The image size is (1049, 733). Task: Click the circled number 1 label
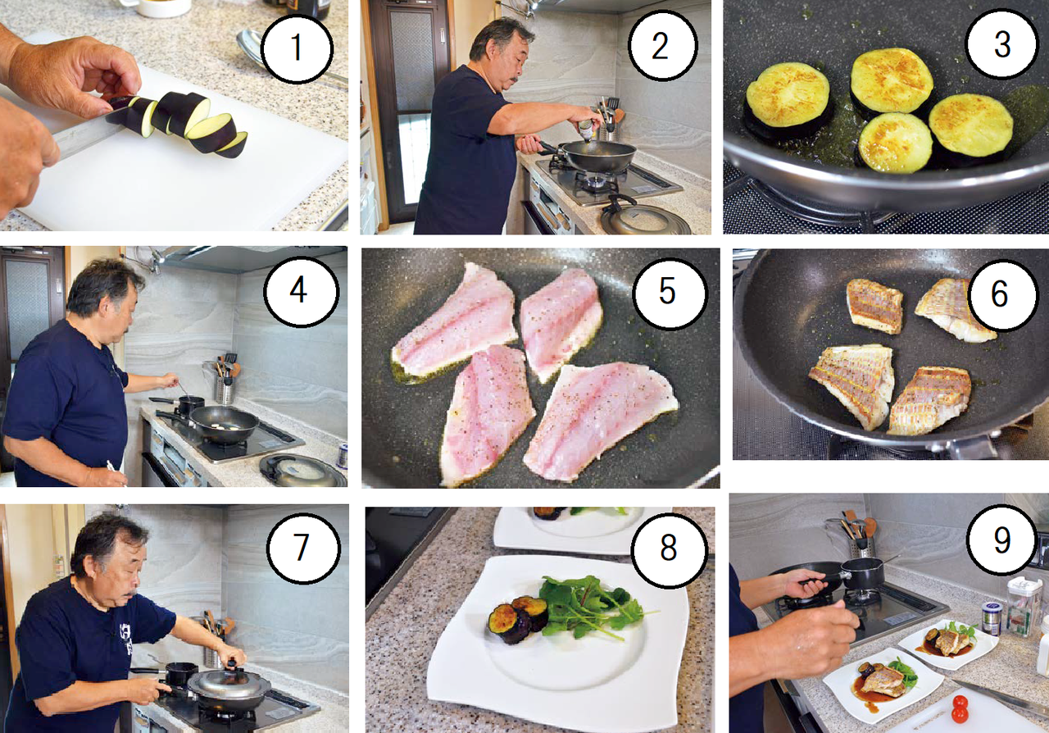pyautogui.click(x=297, y=48)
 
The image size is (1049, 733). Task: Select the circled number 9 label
pyautogui.click(x=1001, y=540)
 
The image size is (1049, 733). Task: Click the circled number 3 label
pyautogui.click(x=1001, y=45)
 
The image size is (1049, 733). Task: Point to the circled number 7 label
pyautogui.click(x=302, y=546)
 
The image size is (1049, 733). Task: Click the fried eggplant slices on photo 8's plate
pyautogui.click(x=518, y=617)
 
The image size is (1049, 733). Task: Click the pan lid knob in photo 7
pyautogui.click(x=231, y=663)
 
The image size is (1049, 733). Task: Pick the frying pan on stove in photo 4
pyautogui.click(x=220, y=424)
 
